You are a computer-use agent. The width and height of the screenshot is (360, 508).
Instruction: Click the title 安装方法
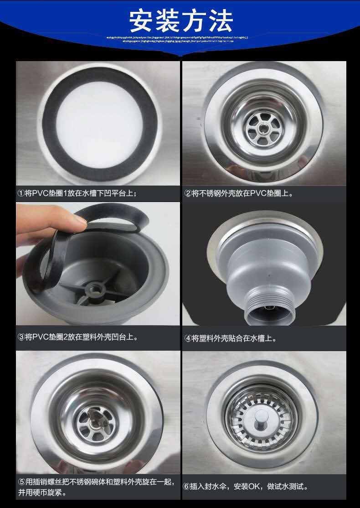pyautogui.click(x=181, y=20)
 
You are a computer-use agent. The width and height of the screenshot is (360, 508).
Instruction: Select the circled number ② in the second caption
pyautogui.click(x=188, y=193)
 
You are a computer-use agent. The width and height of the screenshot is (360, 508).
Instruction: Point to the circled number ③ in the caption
pyautogui.click(x=21, y=337)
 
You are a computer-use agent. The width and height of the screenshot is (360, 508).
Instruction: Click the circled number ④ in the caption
pyautogui.click(x=188, y=338)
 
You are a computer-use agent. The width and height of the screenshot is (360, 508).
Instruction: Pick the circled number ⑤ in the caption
pyautogui.click(x=21, y=482)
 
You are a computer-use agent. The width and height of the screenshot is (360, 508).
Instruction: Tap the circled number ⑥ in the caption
pyautogui.click(x=186, y=487)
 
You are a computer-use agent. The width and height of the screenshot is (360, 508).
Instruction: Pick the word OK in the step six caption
pyautogui.click(x=254, y=487)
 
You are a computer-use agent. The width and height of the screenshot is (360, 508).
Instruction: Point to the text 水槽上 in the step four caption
pyautogui.click(x=264, y=338)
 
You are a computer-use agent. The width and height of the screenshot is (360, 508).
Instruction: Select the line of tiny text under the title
pyautogui.click(x=178, y=39)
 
